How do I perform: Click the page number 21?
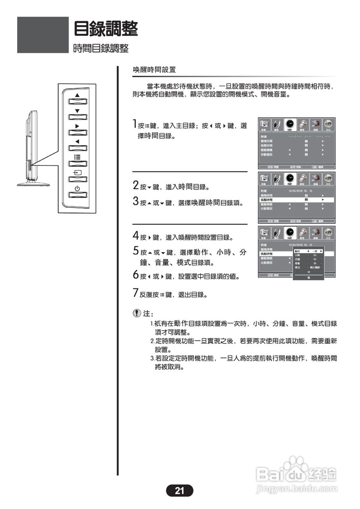coord(179,491)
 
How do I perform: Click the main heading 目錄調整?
coord(106,29)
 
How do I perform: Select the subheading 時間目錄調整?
coord(101,49)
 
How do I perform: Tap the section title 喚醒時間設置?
coord(154,70)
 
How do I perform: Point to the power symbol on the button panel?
coord(77,188)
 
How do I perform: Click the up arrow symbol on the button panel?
coord(77,95)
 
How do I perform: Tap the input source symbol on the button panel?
coord(77,173)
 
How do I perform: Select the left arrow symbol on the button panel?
coord(77,142)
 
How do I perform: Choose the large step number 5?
coord(136,251)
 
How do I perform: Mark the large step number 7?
coord(136,293)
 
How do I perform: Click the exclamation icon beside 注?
coord(137,313)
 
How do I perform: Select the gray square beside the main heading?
coord(43,35)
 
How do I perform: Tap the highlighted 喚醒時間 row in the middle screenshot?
coord(296,200)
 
